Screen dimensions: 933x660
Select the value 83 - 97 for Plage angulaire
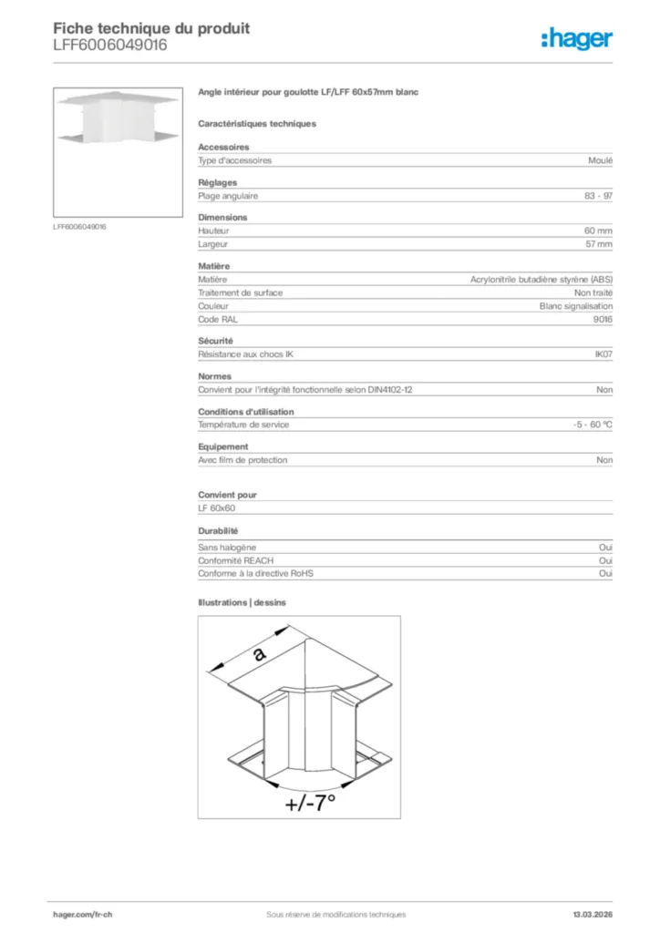click(x=599, y=195)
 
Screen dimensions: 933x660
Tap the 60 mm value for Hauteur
click(x=598, y=231)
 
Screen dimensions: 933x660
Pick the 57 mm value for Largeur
click(x=598, y=244)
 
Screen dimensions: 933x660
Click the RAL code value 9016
click(x=603, y=320)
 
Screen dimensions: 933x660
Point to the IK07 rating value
click(x=603, y=354)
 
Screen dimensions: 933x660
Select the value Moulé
click(x=601, y=160)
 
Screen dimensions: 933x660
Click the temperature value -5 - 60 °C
click(x=586, y=425)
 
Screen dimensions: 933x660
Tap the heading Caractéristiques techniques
click(x=257, y=123)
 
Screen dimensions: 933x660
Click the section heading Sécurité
click(x=216, y=341)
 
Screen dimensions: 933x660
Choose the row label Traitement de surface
click(x=240, y=292)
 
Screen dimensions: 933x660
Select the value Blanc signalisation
click(x=576, y=306)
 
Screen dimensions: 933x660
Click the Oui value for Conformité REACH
click(x=605, y=560)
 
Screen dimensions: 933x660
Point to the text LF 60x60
click(x=217, y=508)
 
